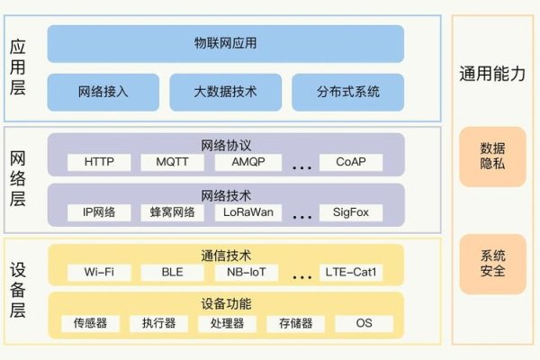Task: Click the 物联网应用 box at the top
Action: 225,42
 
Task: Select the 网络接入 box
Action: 103,92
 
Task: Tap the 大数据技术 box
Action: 226,92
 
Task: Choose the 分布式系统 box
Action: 348,92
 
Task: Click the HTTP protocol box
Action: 99,163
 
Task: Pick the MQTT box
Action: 173,163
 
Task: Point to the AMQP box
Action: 247,163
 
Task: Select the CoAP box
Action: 350,163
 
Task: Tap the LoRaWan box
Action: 247,213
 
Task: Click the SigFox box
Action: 350,213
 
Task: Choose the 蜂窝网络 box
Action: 173,213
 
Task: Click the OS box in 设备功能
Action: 364,323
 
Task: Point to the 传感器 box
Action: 89,323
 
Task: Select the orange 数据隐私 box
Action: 492,156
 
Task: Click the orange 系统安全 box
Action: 492,263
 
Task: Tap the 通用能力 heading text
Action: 492,76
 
